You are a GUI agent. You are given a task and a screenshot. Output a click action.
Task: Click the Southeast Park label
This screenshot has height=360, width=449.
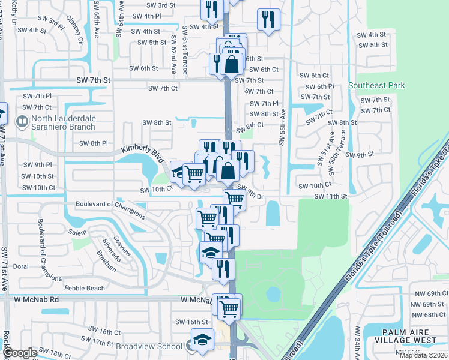[377, 86]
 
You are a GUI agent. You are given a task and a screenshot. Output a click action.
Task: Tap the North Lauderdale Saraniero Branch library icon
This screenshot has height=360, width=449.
[22, 122]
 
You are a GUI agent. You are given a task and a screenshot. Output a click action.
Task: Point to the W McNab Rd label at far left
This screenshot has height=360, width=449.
[30, 298]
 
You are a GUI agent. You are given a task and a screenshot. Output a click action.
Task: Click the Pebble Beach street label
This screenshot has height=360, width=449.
[84, 289]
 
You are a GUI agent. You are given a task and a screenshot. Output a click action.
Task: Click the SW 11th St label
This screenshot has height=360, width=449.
[331, 196]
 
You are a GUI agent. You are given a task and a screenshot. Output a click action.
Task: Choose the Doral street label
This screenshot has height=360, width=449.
[21, 265]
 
